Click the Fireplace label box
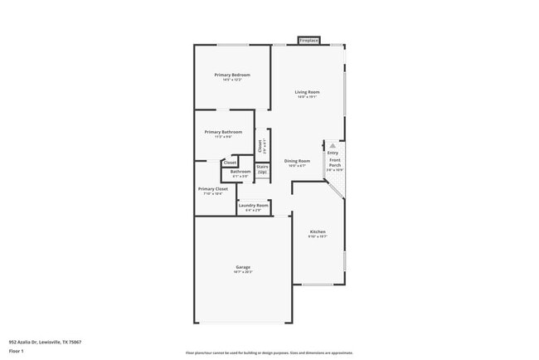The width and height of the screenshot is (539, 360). pos(309,40)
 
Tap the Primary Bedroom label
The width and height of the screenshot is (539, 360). pos(232,75)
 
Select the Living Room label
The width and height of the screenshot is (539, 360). pos(308,92)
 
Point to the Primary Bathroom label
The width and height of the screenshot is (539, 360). pos(224,132)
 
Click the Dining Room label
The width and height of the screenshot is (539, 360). pos(297,161)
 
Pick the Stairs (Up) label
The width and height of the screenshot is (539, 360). pos(262,169)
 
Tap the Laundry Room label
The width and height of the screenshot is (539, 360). pos(254,205)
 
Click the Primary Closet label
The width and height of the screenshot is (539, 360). pos(212,189)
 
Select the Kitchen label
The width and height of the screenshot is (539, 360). pos(318,231)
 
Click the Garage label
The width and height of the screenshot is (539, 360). pos(242,267)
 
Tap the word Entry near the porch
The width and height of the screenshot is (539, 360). pos(333,153)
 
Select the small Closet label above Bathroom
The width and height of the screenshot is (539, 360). pos(230,163)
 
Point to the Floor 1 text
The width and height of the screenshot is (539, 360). pos(17,351)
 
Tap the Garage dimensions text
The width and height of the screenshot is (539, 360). pos(242,272)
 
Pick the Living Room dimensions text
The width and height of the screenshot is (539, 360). pos(308,97)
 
